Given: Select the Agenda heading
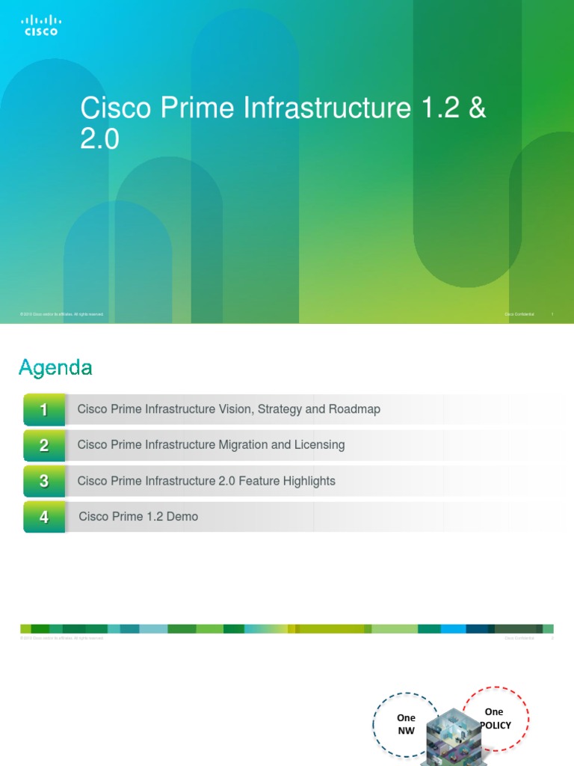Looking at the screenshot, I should [55, 367].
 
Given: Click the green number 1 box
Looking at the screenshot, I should [44, 410].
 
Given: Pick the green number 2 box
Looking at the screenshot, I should [44, 446].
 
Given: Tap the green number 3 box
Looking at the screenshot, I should [44, 482].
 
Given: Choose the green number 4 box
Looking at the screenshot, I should [44, 517].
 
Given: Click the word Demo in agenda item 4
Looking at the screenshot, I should [183, 517].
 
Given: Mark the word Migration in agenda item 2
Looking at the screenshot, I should [243, 445].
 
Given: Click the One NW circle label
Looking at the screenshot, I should [406, 723].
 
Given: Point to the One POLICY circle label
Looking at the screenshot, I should [494, 719].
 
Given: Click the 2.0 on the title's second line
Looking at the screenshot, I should [99, 140].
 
